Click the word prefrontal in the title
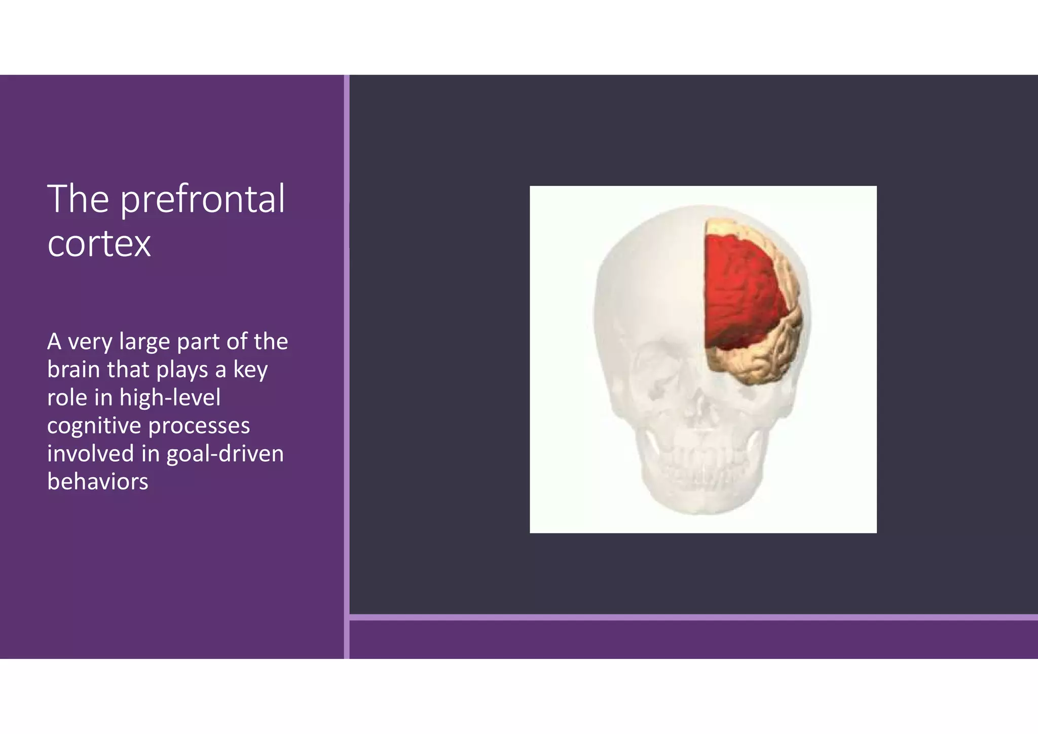[203, 200]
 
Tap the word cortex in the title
[99, 244]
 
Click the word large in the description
[144, 342]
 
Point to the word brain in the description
[73, 370]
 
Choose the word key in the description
[250, 370]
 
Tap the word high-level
[170, 397]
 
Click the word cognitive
[94, 426]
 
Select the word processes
[199, 426]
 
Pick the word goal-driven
[225, 453]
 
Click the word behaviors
[98, 481]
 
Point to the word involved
[90, 453]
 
